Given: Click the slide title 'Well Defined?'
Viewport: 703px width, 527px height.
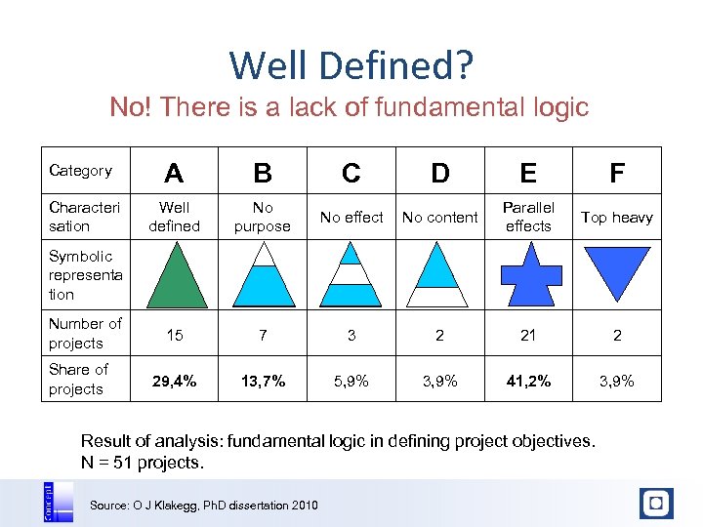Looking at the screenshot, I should coord(351,65).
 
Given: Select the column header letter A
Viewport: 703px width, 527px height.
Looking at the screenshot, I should coord(174,173).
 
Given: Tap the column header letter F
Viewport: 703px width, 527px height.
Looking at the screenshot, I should coord(617,173).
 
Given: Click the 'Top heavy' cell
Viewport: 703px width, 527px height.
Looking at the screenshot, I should coord(617,218).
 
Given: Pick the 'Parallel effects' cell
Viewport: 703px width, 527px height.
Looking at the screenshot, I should coord(528,217).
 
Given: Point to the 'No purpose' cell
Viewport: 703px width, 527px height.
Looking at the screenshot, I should coord(263,217).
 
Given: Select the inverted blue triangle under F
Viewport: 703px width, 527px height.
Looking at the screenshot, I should coord(616,270).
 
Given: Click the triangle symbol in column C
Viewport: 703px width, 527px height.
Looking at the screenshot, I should coord(351,275).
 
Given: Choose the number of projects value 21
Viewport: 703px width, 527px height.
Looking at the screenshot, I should coord(528,335).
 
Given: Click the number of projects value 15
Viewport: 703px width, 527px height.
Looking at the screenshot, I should coord(174,335).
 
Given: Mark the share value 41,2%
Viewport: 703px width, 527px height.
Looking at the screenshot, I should coord(528,381).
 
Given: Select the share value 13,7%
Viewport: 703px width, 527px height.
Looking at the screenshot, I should coord(263,381).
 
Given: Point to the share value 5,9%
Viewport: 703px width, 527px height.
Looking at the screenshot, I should coord(351,381).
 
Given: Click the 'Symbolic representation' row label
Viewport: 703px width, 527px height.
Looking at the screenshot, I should coord(86,275).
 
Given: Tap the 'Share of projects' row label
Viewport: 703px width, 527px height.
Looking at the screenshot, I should coord(78,379).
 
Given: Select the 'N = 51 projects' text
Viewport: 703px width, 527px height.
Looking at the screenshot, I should coord(143,463).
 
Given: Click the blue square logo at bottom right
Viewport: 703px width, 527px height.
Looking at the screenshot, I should coord(656,504).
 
